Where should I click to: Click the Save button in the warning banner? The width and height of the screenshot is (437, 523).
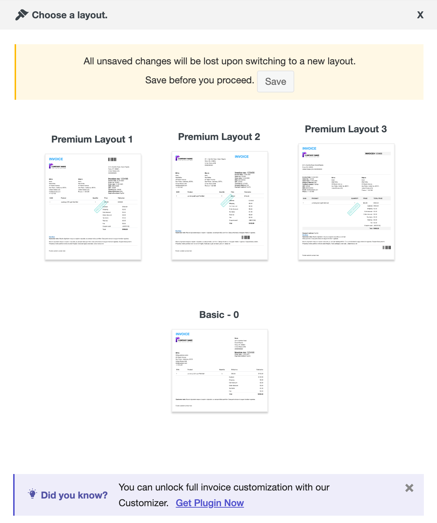pos(275,82)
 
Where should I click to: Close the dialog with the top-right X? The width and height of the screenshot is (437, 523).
pos(420,15)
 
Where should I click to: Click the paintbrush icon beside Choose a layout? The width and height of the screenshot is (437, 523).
pos(22,15)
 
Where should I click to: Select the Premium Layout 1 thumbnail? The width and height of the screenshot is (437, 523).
pos(93,207)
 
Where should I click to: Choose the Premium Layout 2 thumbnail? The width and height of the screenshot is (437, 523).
pos(220,205)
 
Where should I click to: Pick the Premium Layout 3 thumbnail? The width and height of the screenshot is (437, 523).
pos(346,202)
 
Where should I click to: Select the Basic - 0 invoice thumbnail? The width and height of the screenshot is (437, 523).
pos(220,371)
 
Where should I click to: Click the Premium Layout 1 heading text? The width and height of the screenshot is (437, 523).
pos(92,139)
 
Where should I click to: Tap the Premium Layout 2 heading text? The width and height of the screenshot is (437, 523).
pos(219,137)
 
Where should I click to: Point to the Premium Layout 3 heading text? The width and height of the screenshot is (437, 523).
pos(346,129)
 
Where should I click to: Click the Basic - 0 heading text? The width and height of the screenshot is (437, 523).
pos(219,315)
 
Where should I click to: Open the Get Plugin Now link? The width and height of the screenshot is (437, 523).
pos(210,503)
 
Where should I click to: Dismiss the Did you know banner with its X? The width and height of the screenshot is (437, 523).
pos(409,488)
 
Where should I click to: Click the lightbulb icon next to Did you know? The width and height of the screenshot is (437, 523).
pos(32,494)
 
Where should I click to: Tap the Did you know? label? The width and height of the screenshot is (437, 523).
pos(74,495)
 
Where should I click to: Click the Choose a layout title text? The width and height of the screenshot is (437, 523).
pos(70,15)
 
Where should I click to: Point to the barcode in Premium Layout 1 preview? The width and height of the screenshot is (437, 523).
pos(112,159)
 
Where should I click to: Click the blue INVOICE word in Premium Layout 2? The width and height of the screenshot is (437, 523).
pos(242,156)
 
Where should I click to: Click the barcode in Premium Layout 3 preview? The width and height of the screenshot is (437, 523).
pos(387,247)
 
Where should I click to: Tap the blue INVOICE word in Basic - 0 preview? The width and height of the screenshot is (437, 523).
pos(183,334)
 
